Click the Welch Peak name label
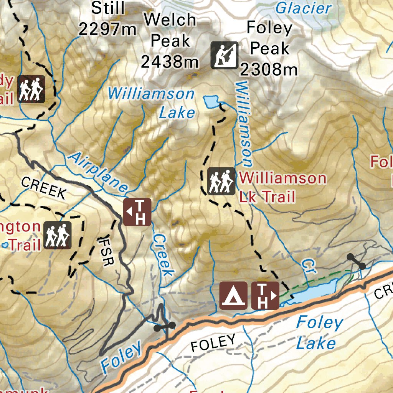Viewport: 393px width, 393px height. pyautogui.click(x=170, y=30)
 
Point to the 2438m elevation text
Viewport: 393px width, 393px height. pyautogui.click(x=170, y=61)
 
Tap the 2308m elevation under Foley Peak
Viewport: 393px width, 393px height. pyautogui.click(x=269, y=69)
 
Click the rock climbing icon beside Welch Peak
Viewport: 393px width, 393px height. pyautogui.click(x=225, y=55)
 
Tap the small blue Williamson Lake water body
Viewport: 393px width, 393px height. pyautogui.click(x=210, y=102)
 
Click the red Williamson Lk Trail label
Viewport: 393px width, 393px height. pyautogui.click(x=282, y=187)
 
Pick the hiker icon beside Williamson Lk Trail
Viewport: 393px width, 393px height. pyautogui.click(x=221, y=181)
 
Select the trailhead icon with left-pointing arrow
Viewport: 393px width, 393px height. pyautogui.click(x=137, y=212)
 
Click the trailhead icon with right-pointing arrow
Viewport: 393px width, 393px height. pyautogui.click(x=265, y=296)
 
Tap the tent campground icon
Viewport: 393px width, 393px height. pyautogui.click(x=233, y=296)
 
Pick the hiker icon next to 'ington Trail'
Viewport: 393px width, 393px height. pyautogui.click(x=57, y=235)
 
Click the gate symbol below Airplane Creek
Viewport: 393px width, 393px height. pyautogui.click(x=164, y=327)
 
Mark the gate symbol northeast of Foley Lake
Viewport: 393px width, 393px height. pyautogui.click(x=356, y=261)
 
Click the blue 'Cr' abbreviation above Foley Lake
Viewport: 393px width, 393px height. pyautogui.click(x=308, y=266)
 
